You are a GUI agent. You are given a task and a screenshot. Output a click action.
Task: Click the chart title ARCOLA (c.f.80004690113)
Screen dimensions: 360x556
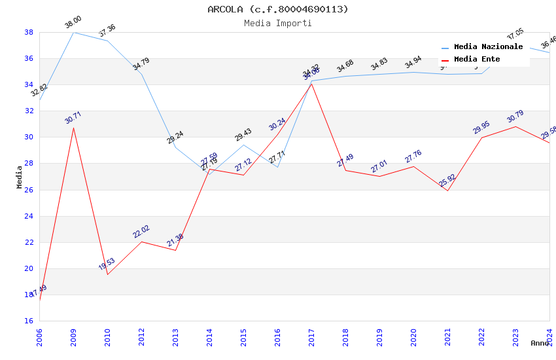pos(278,9)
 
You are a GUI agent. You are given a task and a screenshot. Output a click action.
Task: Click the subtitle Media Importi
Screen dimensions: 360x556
pos(278,23)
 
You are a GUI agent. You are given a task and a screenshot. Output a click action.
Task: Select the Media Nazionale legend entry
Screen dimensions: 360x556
pos(488,47)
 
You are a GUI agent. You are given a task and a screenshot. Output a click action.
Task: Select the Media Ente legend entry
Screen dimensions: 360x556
pos(477,60)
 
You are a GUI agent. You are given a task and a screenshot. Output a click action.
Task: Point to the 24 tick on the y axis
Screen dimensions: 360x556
pos(29,216)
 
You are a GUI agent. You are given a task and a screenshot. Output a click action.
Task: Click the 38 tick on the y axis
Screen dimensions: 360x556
pos(29,32)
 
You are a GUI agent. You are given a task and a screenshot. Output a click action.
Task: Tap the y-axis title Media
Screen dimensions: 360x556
pos(20,177)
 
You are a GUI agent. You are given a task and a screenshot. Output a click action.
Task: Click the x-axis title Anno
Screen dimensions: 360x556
pos(540,343)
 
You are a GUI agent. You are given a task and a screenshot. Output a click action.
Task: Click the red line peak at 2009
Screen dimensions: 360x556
pos(73,128)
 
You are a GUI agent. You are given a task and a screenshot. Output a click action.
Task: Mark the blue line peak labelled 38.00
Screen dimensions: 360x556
pos(73,32)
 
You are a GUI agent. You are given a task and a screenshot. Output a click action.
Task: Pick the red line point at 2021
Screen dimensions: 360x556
pos(447,190)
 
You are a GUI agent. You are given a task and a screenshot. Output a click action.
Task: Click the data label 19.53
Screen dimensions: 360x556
pos(107,264)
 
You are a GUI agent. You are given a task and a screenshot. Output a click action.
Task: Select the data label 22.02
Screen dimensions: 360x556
pos(141,232)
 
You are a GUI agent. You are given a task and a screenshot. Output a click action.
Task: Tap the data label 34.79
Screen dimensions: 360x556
pos(141,64)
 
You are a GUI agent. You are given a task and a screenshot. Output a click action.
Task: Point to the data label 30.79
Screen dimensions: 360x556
pos(515,117)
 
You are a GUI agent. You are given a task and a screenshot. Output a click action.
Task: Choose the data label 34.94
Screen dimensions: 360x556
pos(413,63)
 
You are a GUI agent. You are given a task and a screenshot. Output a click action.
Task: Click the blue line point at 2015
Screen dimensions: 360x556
pos(243,145)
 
